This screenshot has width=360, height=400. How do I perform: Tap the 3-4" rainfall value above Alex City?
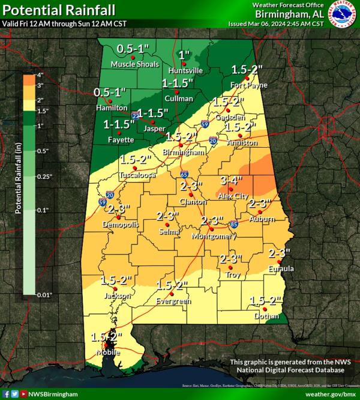click(231, 180)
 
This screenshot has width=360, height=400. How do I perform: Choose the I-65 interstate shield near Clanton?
click(184, 175)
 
